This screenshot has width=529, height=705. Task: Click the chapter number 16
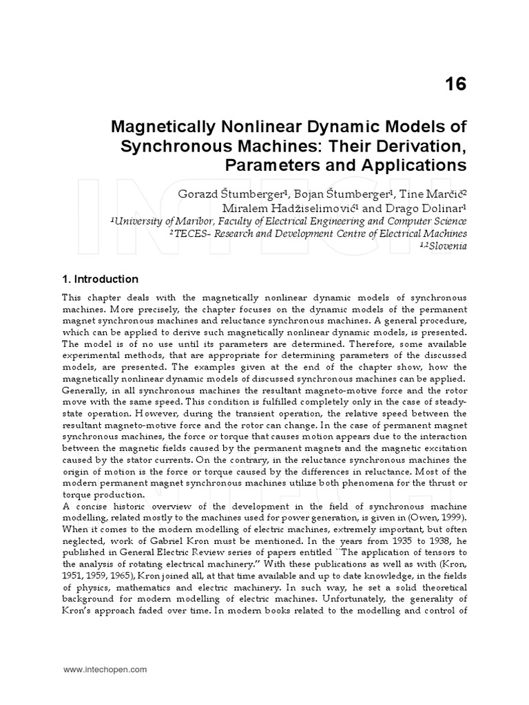(455, 84)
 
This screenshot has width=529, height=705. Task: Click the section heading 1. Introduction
(100, 280)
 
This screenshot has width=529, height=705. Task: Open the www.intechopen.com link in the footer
(105, 669)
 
